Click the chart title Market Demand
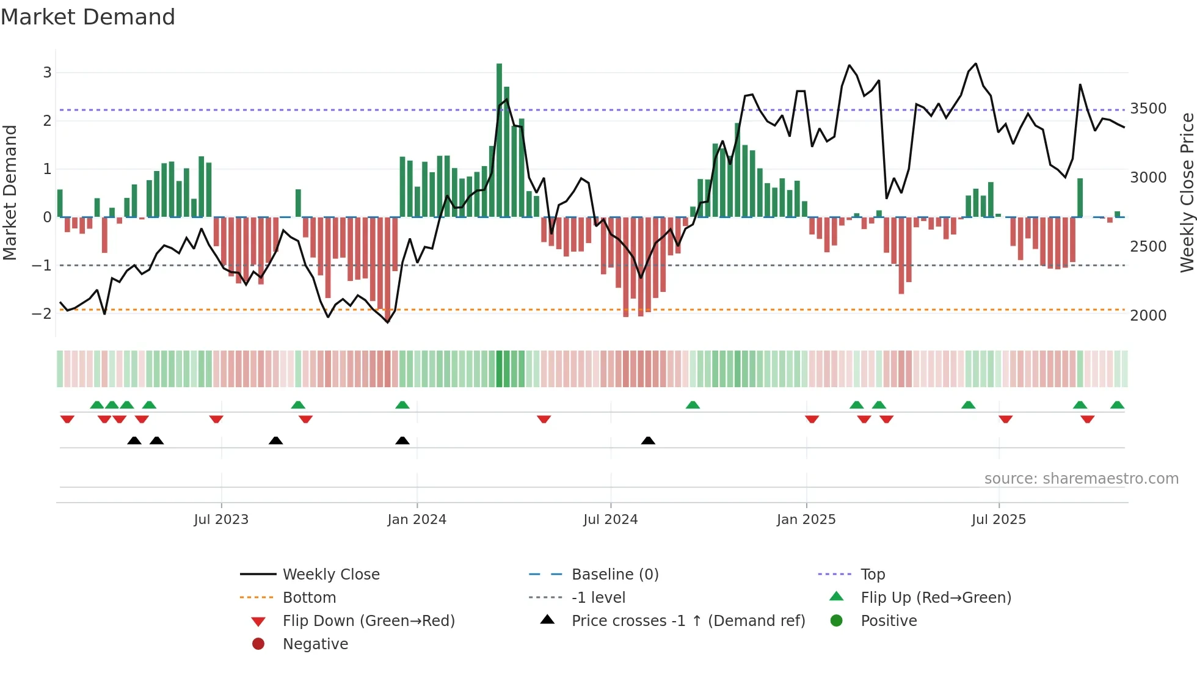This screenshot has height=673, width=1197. click(88, 17)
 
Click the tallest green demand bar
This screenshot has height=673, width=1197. click(499, 140)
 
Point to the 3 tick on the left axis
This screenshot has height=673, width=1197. click(47, 73)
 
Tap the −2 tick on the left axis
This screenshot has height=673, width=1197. click(42, 314)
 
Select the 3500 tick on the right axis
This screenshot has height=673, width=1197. click(1148, 109)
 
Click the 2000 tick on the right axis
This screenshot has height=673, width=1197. click(1148, 316)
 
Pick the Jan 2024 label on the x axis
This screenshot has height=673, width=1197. click(417, 520)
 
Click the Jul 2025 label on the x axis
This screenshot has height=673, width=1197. click(999, 520)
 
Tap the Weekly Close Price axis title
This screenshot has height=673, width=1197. click(1187, 192)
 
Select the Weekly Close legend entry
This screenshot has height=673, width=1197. click(330, 575)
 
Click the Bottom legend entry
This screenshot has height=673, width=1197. click(309, 598)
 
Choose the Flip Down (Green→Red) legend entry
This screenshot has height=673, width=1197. click(368, 621)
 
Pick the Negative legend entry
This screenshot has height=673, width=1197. click(315, 644)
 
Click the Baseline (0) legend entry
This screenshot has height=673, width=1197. click(614, 575)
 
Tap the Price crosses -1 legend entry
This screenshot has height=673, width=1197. click(688, 621)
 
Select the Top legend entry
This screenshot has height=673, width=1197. click(872, 575)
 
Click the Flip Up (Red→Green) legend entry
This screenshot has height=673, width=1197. click(936, 598)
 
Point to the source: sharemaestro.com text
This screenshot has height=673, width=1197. click(1081, 479)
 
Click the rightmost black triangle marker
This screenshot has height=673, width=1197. click(648, 441)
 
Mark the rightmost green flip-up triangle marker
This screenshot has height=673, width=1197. click(1117, 406)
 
